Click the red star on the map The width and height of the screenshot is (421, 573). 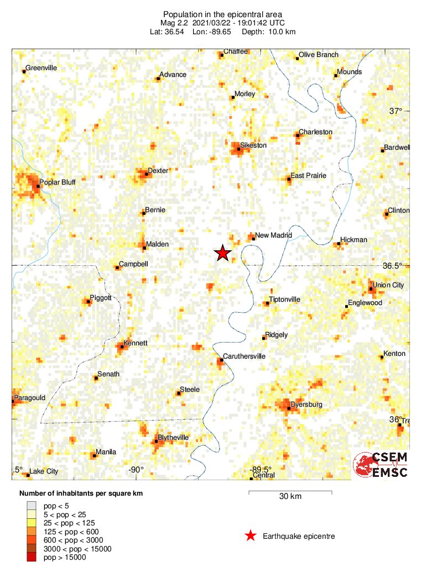point(222,253)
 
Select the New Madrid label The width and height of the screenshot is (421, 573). point(273,235)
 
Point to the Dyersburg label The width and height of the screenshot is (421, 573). point(306,404)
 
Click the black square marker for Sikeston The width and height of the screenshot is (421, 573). point(238,149)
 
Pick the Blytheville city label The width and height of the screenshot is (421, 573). point(173,438)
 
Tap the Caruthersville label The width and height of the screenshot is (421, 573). point(244,356)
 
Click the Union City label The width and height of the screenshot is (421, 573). point(388,285)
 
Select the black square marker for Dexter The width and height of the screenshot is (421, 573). point(146,175)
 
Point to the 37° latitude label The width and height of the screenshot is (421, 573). point(396,111)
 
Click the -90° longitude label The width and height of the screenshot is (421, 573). point(136,470)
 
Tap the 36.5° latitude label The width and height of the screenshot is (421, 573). point(393,266)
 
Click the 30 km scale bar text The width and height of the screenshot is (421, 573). point(290,496)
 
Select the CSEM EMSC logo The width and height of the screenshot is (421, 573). point(381,465)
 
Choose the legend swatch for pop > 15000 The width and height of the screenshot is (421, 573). point(32,558)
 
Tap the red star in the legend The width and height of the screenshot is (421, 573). point(251,535)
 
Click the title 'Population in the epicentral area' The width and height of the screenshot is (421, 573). point(216,14)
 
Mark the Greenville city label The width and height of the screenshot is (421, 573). point(42,68)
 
